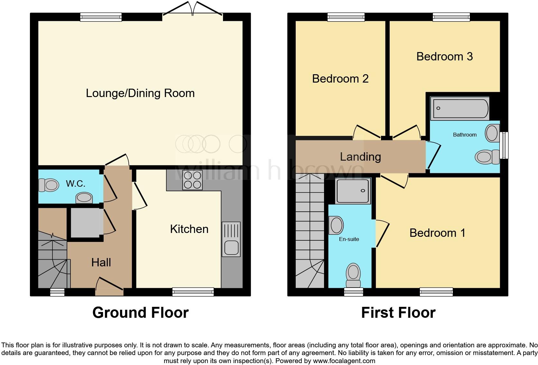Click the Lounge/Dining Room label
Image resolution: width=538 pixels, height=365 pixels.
140,93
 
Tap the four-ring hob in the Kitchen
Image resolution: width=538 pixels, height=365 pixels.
192,180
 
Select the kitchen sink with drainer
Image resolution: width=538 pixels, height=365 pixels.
231,239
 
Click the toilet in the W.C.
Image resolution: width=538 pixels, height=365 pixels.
49,185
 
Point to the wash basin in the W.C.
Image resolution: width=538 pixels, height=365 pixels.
84,198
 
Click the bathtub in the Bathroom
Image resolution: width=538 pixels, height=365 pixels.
459,108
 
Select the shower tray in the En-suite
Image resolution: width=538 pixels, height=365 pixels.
353,191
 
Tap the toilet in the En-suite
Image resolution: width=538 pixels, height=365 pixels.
353,276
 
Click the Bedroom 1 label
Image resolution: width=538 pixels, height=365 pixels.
437,233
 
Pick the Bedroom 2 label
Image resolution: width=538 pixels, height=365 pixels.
340,79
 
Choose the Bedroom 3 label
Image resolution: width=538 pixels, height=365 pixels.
444,57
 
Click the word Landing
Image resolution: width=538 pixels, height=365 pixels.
360,157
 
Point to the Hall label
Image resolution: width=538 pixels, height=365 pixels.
101,263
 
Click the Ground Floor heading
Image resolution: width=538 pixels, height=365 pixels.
140,313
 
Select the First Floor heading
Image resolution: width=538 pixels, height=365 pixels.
398,313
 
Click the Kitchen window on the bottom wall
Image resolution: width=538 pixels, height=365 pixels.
193,292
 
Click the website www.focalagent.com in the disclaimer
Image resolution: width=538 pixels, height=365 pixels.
344,361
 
